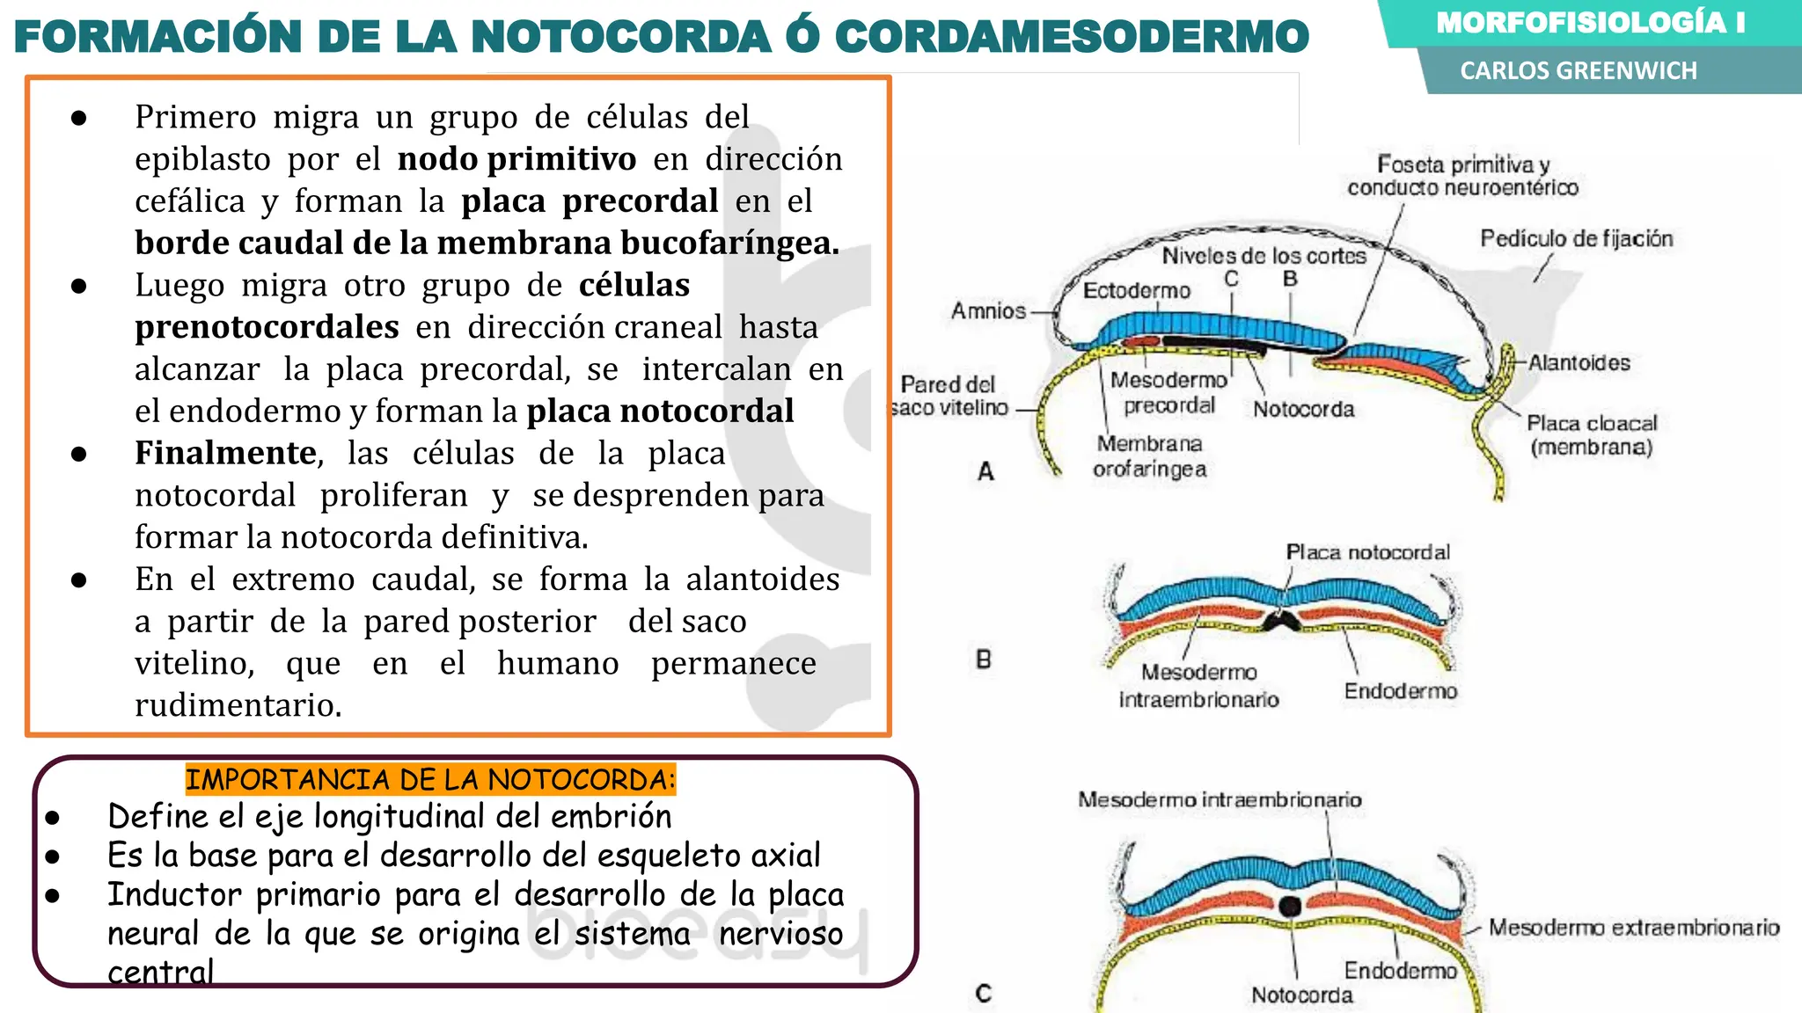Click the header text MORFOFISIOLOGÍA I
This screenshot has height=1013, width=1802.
tap(1590, 23)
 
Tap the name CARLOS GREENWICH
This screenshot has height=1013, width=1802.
tap(1579, 70)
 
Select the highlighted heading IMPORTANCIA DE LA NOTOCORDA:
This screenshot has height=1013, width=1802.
tap(430, 779)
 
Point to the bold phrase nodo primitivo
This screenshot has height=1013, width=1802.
tap(516, 159)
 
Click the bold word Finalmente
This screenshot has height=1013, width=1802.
tap(225, 453)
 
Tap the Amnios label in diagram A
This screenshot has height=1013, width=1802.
tap(988, 310)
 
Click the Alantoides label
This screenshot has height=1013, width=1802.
tap(1579, 362)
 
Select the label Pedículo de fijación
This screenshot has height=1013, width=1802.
tap(1576, 238)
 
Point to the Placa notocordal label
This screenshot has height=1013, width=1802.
tap(1367, 552)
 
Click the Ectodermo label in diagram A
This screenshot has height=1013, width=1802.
tap(1136, 290)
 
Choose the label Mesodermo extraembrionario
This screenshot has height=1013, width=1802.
tap(1633, 928)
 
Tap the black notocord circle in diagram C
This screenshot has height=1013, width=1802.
tap(1290, 906)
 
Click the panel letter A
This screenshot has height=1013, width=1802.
tap(985, 471)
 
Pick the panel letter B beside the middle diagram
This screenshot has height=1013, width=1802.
tap(984, 659)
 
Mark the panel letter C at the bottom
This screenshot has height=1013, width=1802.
tap(984, 993)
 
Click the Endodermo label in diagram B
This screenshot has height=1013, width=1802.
tap(1400, 691)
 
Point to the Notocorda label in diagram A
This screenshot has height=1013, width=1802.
tap(1303, 409)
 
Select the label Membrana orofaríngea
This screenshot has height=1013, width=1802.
tap(1149, 456)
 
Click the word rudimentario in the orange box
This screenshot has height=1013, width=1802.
tap(238, 705)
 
